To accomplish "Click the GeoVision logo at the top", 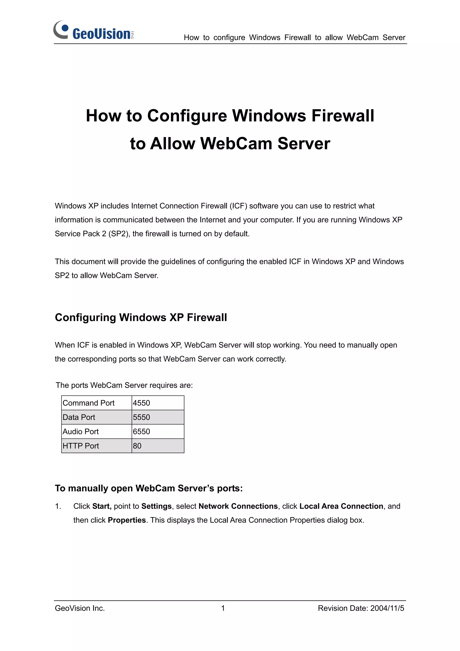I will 93,31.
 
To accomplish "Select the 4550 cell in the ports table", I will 142,403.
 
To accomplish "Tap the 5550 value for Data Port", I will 142,417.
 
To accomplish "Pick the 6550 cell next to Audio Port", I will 142,432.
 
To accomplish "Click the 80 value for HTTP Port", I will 137,446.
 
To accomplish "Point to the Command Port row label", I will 88,403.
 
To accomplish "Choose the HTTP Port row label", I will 81,446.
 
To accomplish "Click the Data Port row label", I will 79,417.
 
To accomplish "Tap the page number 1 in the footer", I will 223,608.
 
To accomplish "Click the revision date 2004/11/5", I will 387,608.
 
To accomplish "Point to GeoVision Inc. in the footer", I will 80,608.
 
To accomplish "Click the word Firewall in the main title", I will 343,116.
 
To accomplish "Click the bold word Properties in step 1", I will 127,520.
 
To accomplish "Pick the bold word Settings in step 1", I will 157,506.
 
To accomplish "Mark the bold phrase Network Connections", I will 238,506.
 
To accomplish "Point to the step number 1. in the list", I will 58,506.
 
